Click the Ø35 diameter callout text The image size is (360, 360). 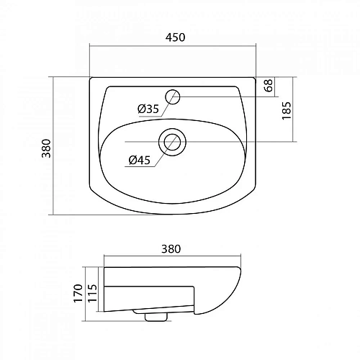click(148, 109)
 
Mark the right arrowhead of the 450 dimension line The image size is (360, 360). click(256, 47)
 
